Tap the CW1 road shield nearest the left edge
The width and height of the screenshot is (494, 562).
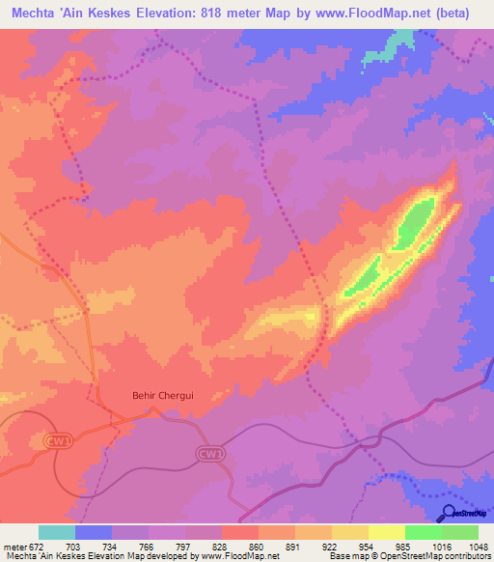60,440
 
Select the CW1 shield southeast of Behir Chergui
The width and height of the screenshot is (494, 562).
208,453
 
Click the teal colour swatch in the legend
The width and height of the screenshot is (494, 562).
57,532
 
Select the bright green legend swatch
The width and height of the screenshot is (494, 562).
423,532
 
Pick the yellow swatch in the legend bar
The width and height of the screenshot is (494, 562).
386,532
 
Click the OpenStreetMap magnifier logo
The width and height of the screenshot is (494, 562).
449,513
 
